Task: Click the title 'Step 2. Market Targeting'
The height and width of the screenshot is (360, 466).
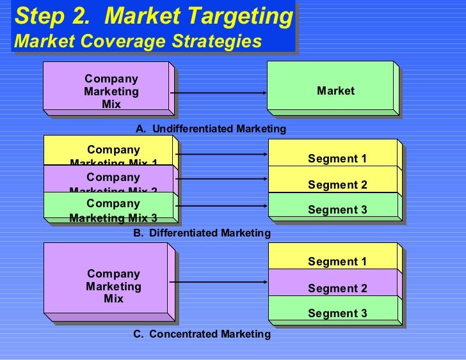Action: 154,17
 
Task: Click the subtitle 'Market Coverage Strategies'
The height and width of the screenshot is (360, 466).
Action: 138,41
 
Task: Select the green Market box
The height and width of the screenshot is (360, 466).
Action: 335,91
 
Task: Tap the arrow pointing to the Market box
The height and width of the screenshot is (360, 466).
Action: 218,93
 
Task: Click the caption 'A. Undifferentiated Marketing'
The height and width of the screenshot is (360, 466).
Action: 211,129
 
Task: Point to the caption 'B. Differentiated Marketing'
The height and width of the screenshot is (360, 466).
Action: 202,233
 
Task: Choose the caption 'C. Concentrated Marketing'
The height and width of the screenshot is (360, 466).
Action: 202,334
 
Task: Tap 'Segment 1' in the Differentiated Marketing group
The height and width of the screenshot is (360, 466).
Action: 337,159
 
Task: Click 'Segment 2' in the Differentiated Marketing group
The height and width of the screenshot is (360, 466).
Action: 337,185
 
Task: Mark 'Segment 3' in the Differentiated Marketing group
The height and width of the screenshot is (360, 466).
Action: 337,210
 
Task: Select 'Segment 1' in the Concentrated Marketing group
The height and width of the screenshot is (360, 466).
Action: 337,262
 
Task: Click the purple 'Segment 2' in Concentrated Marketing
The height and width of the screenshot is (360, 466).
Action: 337,288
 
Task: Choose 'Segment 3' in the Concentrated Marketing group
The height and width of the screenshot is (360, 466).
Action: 337,313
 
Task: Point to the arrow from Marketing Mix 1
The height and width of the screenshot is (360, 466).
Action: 221,154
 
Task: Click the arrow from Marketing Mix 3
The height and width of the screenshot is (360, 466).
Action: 221,206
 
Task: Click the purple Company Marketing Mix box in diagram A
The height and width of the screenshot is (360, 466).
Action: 109,90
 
